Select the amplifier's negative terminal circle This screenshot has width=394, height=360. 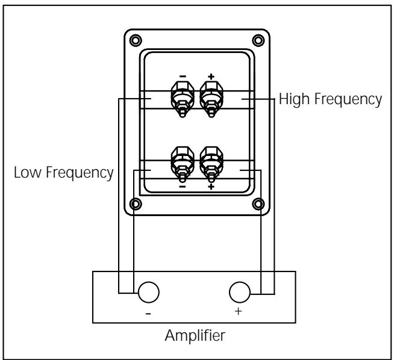pyautogui.click(x=148, y=293)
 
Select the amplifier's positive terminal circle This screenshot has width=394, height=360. pyautogui.click(x=240, y=293)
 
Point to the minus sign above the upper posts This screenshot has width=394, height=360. pyautogui.click(x=183, y=77)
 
